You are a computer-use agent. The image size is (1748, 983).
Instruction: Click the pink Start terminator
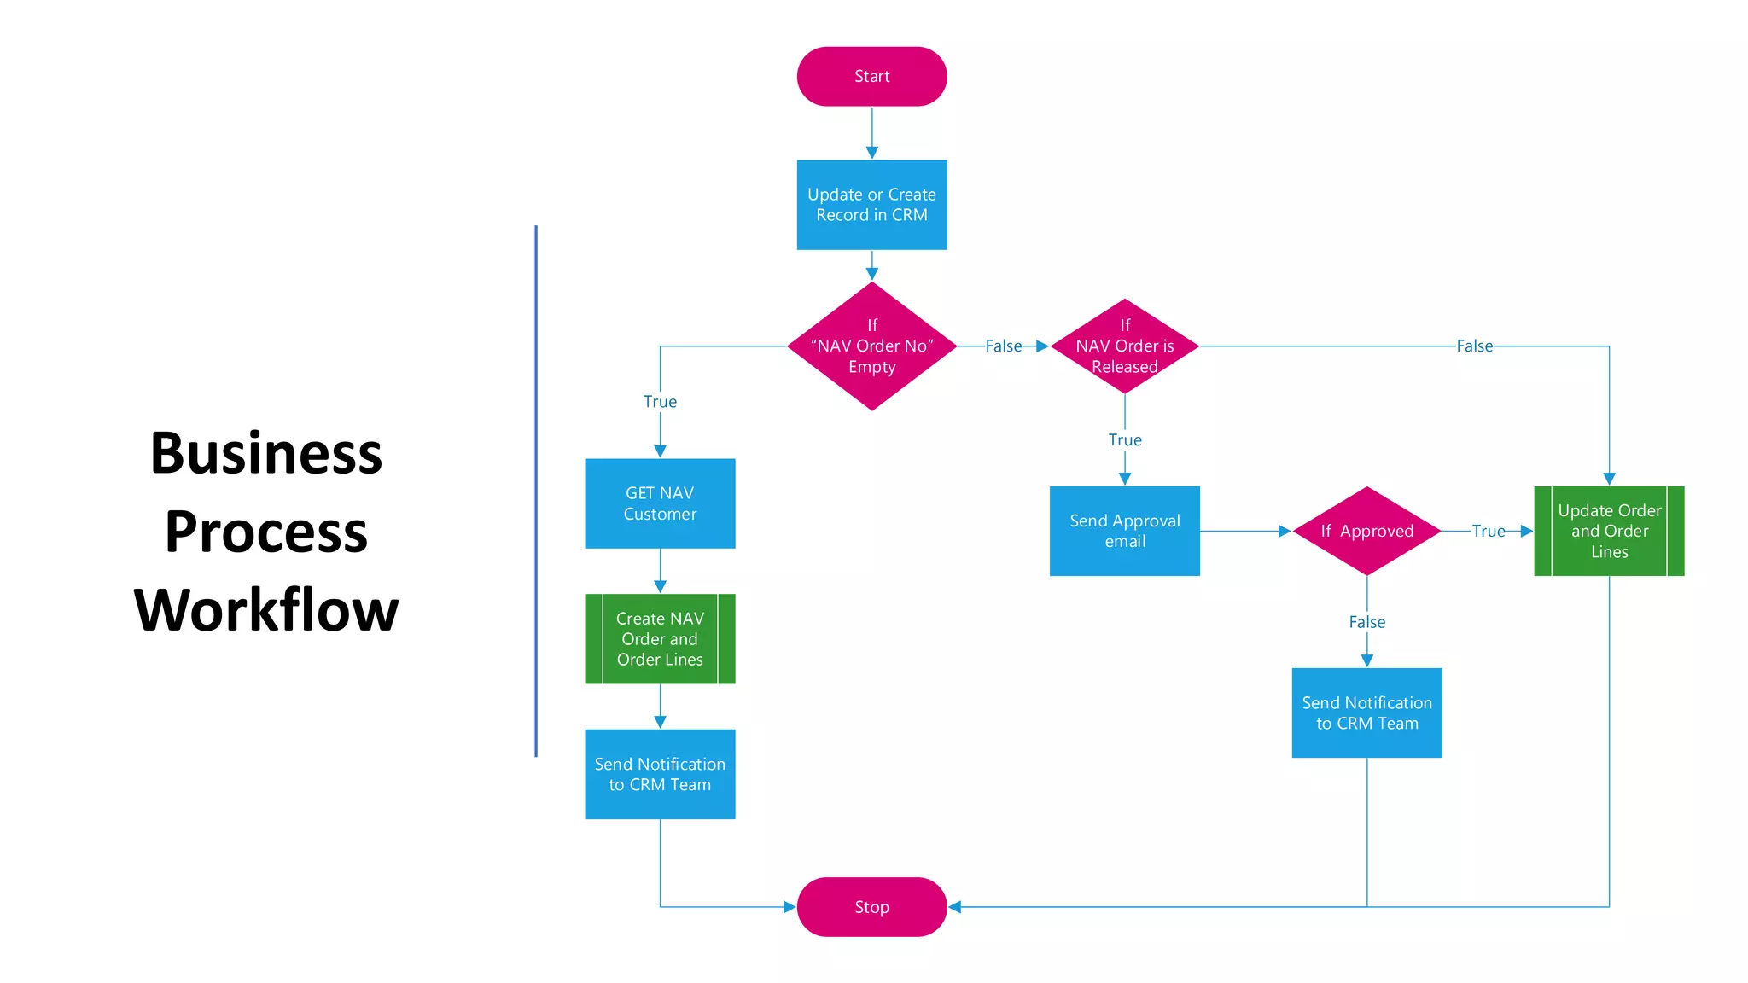point(871,77)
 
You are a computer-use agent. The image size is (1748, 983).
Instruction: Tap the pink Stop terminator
point(871,906)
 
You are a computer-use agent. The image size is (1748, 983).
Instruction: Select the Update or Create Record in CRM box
point(871,205)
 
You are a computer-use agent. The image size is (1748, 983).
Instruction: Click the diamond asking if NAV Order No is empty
point(871,346)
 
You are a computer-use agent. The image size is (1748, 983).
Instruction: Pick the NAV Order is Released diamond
point(1124,346)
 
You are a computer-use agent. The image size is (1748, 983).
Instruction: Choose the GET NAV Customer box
point(660,503)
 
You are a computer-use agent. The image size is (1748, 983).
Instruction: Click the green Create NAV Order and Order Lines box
point(660,638)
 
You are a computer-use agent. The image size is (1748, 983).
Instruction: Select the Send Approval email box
point(1124,531)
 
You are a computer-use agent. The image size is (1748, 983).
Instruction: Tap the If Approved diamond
point(1366,531)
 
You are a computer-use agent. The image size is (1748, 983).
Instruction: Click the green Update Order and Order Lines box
point(1609,531)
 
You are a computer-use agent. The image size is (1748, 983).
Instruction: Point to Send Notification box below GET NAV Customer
point(660,774)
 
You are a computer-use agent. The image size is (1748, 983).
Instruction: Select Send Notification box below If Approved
point(1366,713)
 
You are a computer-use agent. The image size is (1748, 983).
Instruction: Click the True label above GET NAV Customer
point(660,402)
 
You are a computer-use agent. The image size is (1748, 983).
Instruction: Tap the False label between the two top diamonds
point(1003,346)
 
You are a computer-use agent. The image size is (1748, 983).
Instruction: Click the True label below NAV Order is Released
point(1124,440)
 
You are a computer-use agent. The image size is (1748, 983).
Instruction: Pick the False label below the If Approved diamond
point(1366,622)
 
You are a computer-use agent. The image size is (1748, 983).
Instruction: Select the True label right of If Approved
point(1488,531)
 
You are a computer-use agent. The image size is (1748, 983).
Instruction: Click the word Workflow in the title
point(266,610)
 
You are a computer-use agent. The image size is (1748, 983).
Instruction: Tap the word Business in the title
point(266,453)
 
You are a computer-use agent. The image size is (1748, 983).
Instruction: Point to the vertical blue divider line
point(536,491)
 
